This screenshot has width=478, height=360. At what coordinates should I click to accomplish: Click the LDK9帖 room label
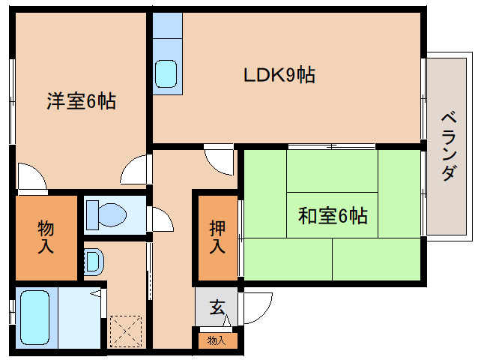(279, 74)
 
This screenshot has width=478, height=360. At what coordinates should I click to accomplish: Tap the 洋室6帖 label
(82, 100)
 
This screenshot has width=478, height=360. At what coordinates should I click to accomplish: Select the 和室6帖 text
(333, 217)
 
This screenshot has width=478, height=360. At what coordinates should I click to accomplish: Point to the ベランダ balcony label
(447, 146)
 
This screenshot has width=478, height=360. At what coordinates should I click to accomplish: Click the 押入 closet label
(217, 235)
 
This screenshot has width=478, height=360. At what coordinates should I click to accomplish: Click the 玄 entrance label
(217, 307)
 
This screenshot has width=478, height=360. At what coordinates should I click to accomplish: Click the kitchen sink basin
(166, 74)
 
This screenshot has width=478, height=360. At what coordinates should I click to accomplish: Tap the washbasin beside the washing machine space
(93, 262)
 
